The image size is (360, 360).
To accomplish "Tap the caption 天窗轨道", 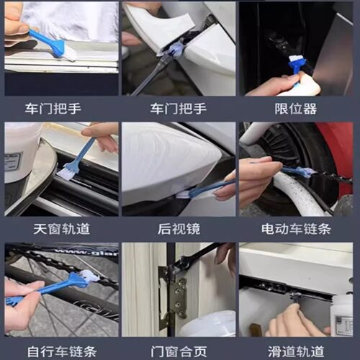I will click(x=60, y=230).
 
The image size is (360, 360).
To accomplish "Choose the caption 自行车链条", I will click(x=60, y=351).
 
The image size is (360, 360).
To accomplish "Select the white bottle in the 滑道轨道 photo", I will click(x=341, y=313).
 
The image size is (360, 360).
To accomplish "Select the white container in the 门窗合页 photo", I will click(x=209, y=324).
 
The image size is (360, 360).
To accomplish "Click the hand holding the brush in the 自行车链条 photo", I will click(x=22, y=302).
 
